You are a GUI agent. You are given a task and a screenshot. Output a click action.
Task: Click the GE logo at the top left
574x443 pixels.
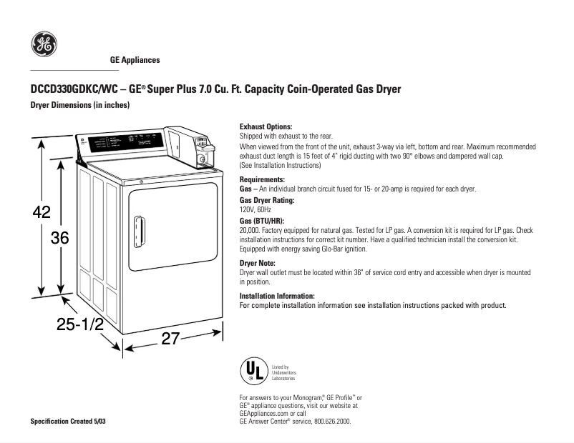coord(43,45)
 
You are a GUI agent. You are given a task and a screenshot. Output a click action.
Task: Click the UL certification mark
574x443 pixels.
coord(253,371)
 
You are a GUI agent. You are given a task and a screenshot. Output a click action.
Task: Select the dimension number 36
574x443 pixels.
coord(59,239)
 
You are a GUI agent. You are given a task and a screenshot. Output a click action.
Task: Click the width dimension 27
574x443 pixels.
coord(169,339)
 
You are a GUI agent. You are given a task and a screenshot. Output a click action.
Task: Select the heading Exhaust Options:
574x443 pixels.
coord(265,126)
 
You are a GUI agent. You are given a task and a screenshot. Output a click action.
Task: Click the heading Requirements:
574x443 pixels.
coord(262,179)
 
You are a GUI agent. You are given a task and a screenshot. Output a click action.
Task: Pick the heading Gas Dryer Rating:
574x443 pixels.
coord(267,201)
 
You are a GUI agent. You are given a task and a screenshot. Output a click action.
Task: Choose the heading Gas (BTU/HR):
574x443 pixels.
coord(262,221)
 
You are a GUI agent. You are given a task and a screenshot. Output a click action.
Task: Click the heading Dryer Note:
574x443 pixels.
coord(258,264)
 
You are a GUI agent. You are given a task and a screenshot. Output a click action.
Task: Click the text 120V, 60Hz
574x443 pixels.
coord(256,210)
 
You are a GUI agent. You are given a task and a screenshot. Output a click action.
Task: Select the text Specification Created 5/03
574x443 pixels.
coord(67,421)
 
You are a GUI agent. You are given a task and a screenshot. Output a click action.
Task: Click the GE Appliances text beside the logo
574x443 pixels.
coord(135,60)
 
